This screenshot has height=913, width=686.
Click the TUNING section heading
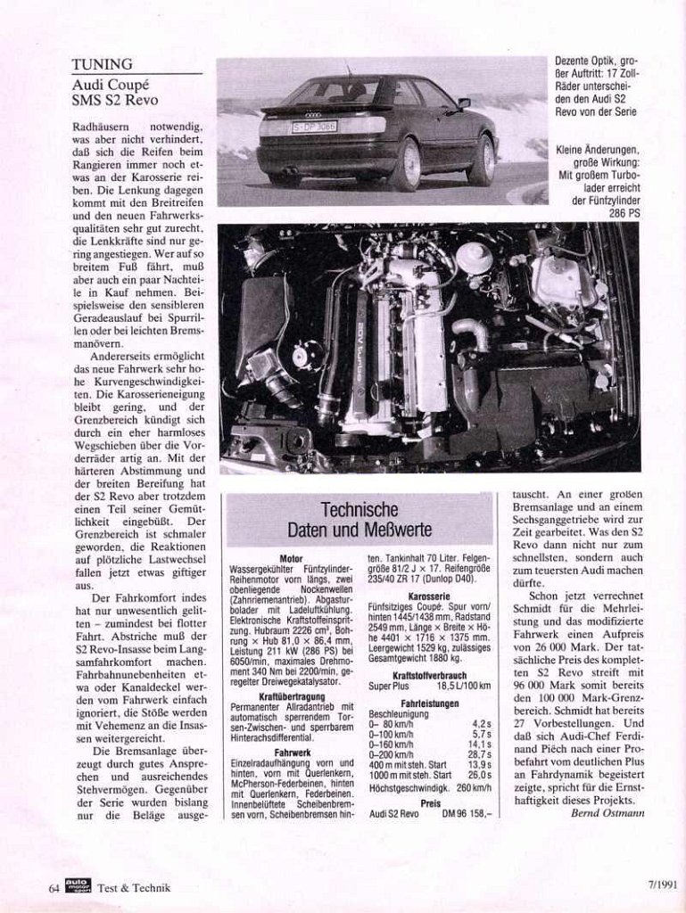(103, 64)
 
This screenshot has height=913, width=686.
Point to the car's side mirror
(464, 103)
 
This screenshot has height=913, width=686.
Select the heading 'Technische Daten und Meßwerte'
(360, 519)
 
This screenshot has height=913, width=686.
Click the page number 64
(54, 887)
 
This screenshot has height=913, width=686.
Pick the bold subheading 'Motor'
(291, 558)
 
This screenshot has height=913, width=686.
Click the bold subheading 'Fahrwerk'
(291, 753)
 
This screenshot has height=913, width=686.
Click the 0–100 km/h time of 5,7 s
(480, 733)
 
